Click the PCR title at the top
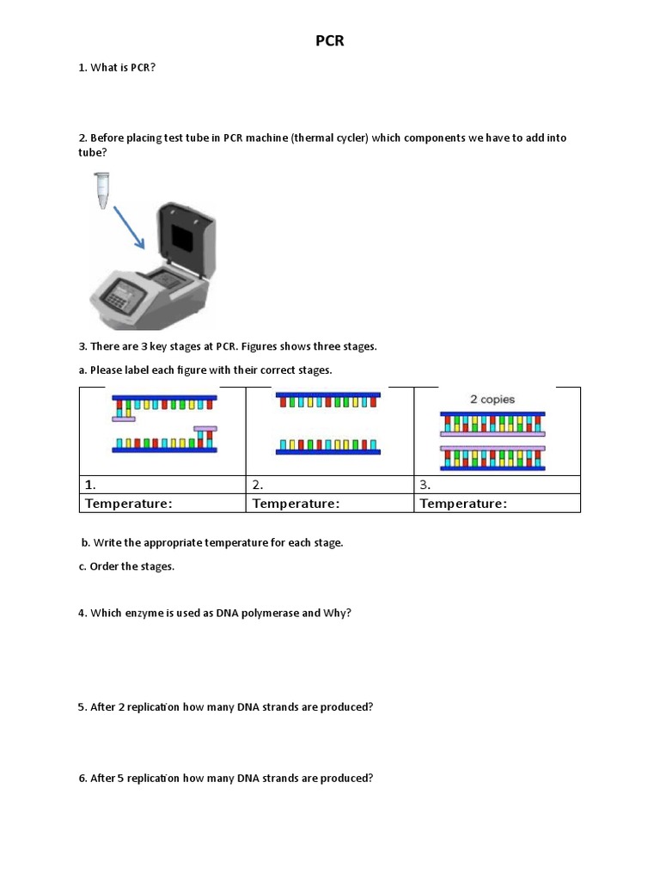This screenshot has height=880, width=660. click(x=329, y=40)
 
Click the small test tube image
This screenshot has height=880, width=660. click(x=103, y=188)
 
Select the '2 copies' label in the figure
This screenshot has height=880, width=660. click(x=492, y=399)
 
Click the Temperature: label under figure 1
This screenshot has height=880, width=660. click(x=128, y=504)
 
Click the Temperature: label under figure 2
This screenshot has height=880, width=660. click(x=296, y=504)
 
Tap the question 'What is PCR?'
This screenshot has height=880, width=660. click(x=123, y=67)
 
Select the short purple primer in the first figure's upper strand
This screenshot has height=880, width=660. click(x=123, y=419)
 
